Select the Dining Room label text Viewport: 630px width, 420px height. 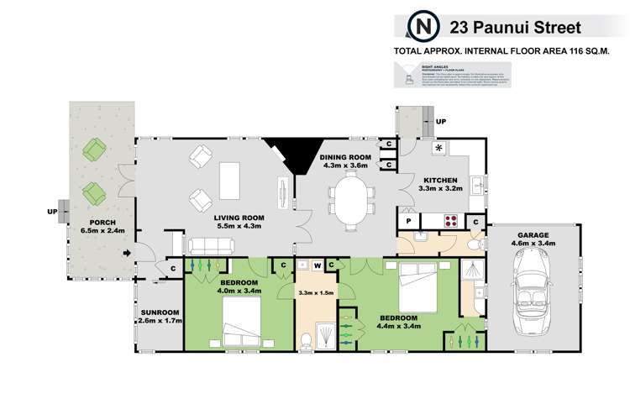pos(345,157)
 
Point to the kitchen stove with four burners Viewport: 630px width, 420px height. pos(449,222)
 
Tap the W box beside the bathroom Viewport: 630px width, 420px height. pos(318,266)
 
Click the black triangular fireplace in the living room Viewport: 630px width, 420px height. pos(286,156)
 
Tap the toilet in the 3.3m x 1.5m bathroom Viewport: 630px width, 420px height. pos(309,338)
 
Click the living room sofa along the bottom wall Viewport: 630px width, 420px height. pos(211,246)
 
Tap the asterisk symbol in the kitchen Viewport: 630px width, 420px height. pos(438,149)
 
